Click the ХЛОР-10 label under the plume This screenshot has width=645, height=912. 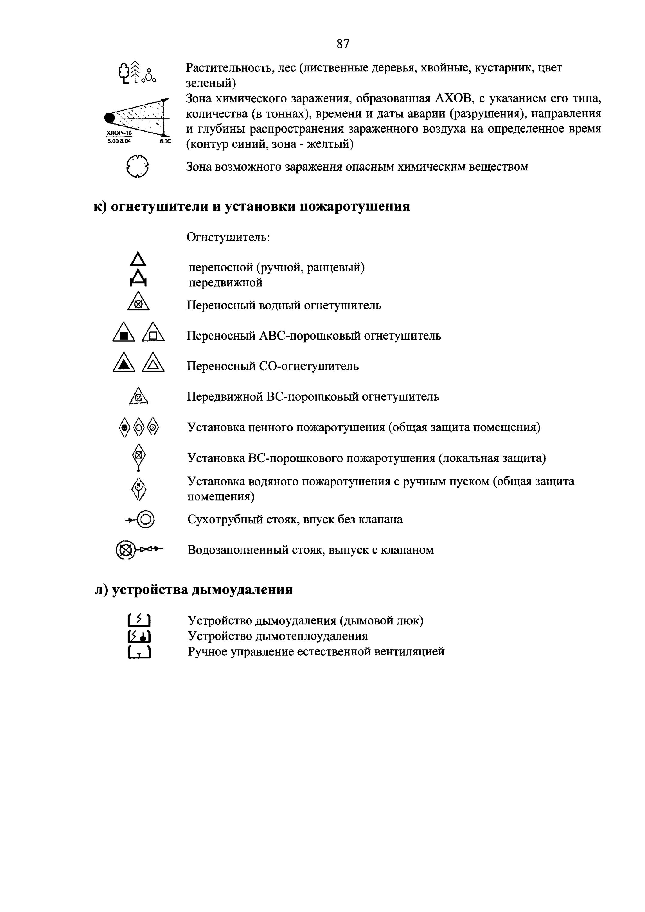pos(119,133)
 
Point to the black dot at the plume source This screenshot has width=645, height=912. pos(109,118)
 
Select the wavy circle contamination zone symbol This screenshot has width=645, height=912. pos(137,166)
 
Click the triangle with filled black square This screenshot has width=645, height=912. pos(123,332)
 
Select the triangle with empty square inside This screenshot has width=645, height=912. pos(153,332)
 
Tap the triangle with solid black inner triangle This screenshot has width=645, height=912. pos(123,363)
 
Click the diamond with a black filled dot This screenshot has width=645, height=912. pos(124,428)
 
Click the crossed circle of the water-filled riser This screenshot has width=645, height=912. pos(125,551)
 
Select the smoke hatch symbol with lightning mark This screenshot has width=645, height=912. pos(139,620)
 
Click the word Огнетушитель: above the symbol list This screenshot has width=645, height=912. pos(228,237)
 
